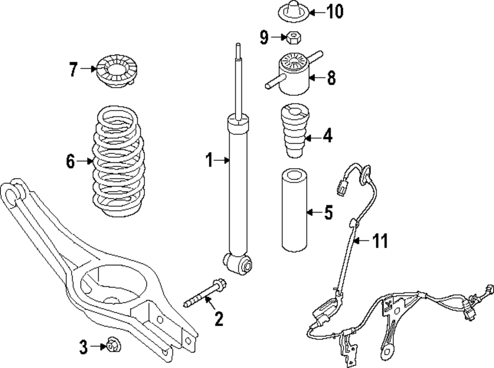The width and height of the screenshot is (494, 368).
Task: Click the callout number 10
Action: pos(334,12)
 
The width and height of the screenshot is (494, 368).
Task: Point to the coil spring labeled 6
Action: pos(119,162)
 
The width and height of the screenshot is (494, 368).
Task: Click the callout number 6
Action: pos(71,161)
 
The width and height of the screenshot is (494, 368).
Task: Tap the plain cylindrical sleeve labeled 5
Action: pos(294,211)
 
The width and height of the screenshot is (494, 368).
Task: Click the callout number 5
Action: pos(329,213)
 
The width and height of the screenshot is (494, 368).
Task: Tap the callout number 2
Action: pos(219,319)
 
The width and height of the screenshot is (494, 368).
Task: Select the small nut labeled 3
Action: pos(114,345)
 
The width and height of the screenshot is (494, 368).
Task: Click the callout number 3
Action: pos(83,347)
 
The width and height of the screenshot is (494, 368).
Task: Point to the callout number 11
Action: pos(380,241)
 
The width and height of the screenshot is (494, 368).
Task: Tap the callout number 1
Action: pos(209,160)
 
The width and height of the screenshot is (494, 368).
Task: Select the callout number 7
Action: pos(74,69)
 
